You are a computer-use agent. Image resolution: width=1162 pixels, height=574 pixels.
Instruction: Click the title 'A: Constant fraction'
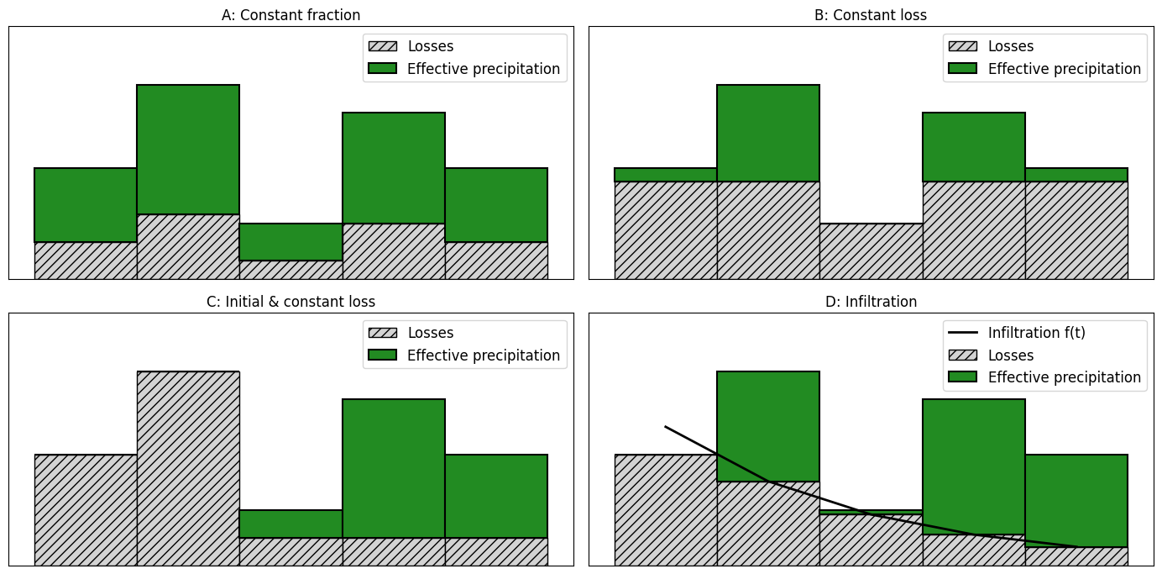click(290, 15)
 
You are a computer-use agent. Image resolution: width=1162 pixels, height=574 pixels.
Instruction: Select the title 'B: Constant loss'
click(871, 15)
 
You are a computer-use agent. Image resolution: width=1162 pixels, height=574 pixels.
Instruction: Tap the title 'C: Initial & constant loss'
click(290, 302)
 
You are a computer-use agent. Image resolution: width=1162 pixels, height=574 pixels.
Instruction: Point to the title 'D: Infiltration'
click(871, 302)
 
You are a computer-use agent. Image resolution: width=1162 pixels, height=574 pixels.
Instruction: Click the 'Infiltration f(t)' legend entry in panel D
click(1036, 333)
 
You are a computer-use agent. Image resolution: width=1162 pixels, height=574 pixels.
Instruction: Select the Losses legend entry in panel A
click(430, 46)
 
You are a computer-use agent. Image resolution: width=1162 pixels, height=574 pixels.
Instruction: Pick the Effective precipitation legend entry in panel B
click(1064, 69)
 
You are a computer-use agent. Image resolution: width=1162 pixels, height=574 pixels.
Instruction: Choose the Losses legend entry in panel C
click(430, 333)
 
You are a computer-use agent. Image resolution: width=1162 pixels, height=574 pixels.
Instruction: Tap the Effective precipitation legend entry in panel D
click(1064, 377)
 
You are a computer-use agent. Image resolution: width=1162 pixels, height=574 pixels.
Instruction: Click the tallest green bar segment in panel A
click(188, 150)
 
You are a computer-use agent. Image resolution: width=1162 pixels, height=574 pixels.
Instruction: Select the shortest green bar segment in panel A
click(290, 242)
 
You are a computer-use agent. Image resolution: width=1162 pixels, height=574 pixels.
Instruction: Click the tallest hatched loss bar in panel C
click(188, 468)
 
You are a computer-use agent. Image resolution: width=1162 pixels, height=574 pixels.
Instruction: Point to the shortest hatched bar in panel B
click(871, 251)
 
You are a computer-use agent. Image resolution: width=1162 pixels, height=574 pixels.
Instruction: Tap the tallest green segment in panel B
click(768, 133)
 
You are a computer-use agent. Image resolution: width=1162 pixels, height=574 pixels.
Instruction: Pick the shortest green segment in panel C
click(290, 524)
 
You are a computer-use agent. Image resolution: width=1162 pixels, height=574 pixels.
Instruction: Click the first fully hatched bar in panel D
click(666, 510)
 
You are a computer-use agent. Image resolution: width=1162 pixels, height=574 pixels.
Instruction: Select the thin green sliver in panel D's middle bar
click(871, 512)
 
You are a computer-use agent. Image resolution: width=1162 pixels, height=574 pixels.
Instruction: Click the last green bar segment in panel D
click(1076, 501)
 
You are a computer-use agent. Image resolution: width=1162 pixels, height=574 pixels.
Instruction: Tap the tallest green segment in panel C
click(394, 468)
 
